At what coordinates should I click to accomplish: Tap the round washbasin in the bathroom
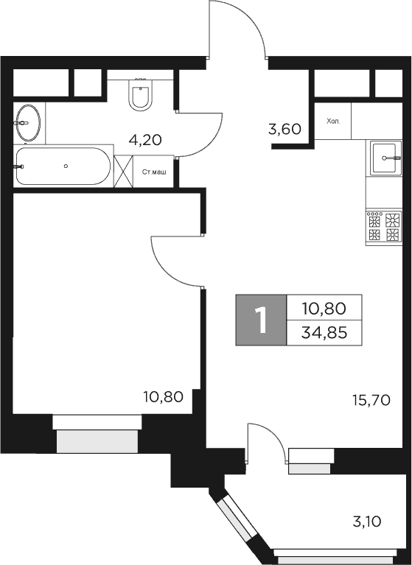click(x=29, y=122)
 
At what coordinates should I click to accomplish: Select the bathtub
click(x=63, y=166)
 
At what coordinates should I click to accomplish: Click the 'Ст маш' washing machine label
click(x=154, y=172)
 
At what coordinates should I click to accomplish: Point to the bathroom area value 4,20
click(x=144, y=138)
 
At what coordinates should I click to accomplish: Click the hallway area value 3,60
click(x=284, y=130)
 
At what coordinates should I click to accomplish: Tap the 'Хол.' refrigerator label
click(x=333, y=121)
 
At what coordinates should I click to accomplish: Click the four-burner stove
click(x=384, y=227)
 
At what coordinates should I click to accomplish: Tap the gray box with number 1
click(x=259, y=320)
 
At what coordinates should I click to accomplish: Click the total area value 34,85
click(x=325, y=333)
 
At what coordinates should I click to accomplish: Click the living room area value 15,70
click(x=373, y=401)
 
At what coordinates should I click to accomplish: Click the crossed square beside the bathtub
click(x=123, y=172)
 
